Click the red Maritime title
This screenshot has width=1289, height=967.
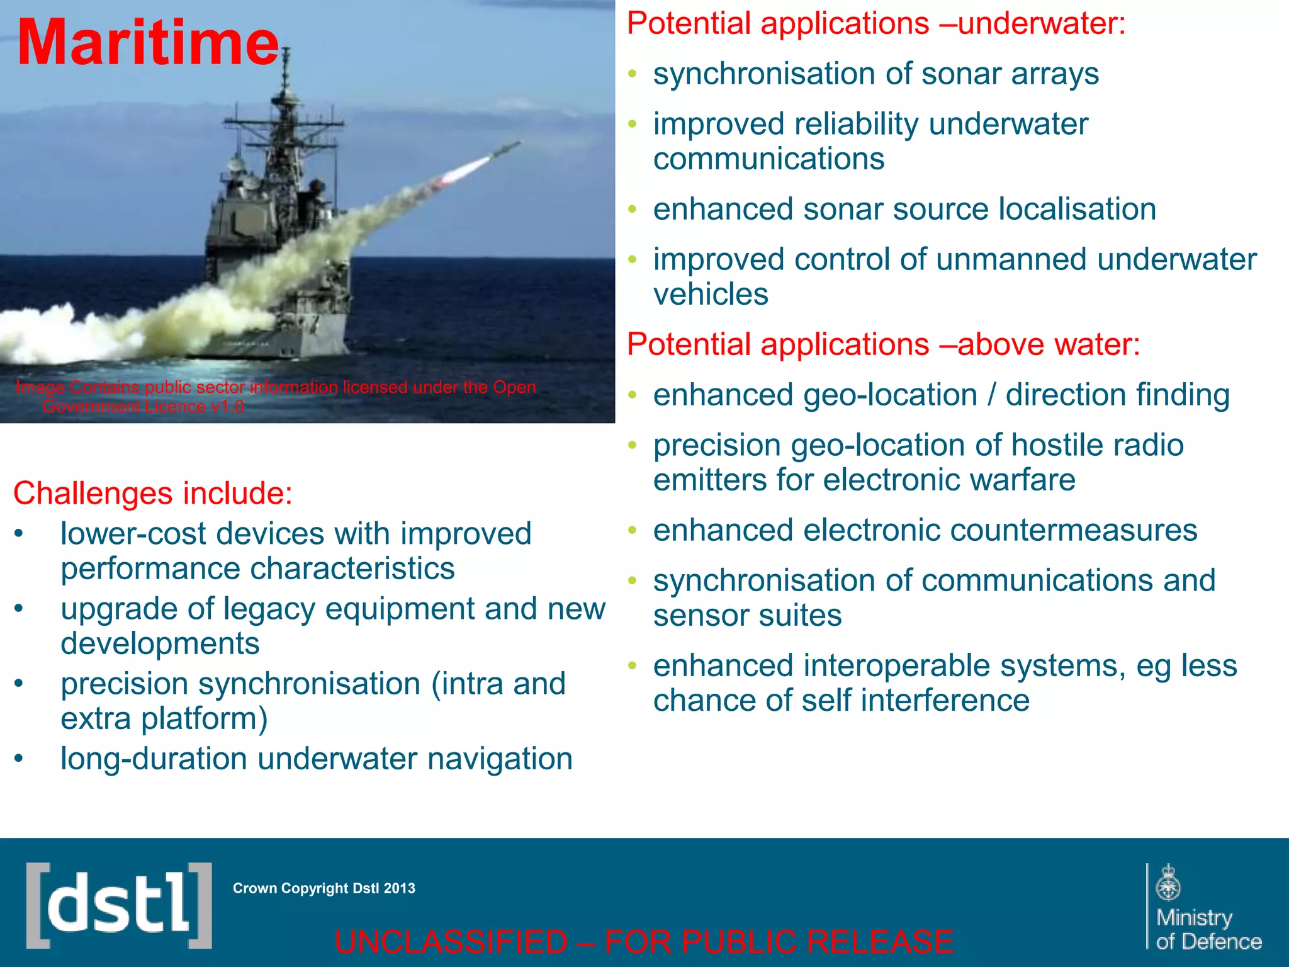148,43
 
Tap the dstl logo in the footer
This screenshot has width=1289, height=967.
118,905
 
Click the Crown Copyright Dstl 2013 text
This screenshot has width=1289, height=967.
324,888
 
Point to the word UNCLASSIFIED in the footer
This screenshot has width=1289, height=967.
451,942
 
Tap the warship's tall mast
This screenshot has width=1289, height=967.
285,94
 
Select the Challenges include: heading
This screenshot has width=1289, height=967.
153,493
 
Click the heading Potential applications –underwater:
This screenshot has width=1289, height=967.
875,24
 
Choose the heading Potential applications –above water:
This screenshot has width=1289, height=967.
883,345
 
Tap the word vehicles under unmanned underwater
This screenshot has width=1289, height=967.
711,294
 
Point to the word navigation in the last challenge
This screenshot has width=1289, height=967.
500,759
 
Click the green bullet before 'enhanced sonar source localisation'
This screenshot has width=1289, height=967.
633,209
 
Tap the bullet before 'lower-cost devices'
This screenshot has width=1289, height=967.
19,534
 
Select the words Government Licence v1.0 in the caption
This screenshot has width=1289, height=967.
143,407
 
